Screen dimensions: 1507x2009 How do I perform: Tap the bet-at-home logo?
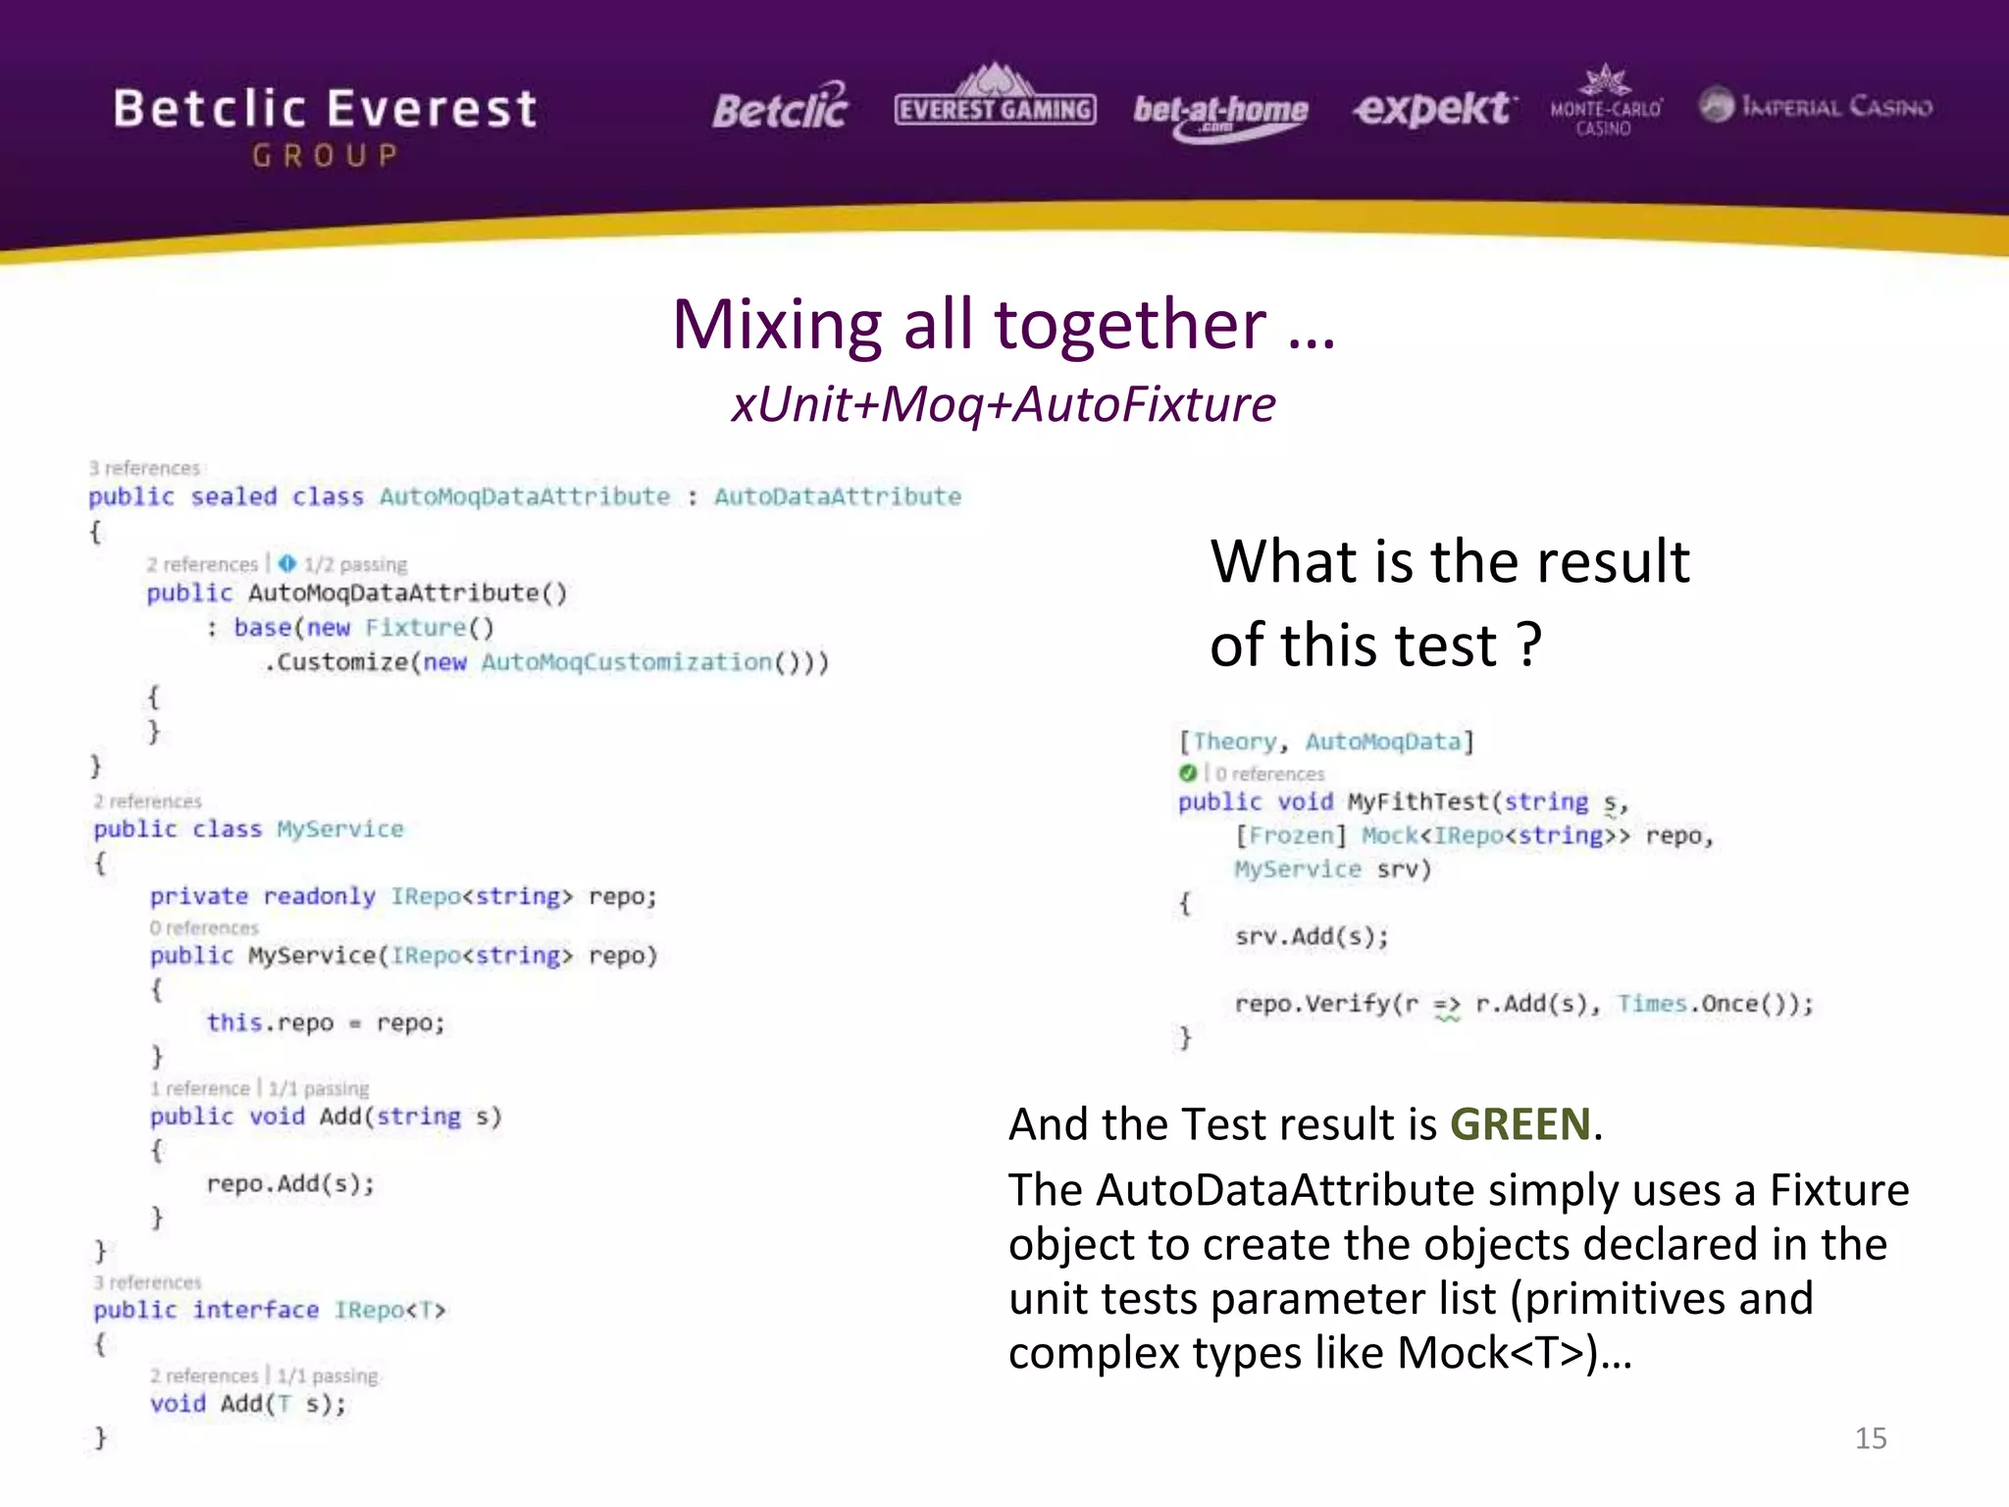click(x=1220, y=114)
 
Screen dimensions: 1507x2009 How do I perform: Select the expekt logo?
click(x=1434, y=108)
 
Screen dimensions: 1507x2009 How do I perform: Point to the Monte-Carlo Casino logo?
click(x=1605, y=102)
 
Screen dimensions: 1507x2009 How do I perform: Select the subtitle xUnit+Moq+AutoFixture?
click(x=1004, y=404)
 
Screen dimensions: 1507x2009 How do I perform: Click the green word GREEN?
click(x=1520, y=1124)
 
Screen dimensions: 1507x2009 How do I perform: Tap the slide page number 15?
click(x=1870, y=1438)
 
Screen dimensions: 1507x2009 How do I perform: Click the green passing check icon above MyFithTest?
click(x=1188, y=773)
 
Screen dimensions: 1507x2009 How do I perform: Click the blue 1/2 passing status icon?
click(x=286, y=563)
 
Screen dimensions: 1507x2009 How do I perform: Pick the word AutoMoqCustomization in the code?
click(x=626, y=662)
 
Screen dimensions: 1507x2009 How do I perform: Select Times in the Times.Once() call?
click(x=1652, y=1004)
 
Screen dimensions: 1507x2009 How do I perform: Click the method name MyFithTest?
click(x=1418, y=802)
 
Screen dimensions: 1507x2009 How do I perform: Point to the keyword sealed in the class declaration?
click(x=233, y=496)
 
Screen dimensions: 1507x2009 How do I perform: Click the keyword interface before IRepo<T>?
click(x=255, y=1310)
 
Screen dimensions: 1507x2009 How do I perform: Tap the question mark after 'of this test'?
click(x=1528, y=646)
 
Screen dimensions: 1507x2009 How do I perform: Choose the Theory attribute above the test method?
click(x=1234, y=742)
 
